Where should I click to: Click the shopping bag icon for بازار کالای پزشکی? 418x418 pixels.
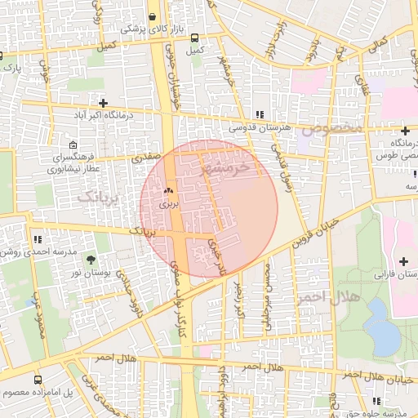152,17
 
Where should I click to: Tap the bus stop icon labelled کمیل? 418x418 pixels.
194,37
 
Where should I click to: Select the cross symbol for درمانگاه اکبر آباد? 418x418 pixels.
103,103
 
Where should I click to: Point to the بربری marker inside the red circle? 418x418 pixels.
168,191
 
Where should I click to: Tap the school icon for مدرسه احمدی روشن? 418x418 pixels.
38,239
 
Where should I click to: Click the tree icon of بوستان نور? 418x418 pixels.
90,259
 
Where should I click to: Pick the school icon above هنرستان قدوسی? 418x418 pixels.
259,114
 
